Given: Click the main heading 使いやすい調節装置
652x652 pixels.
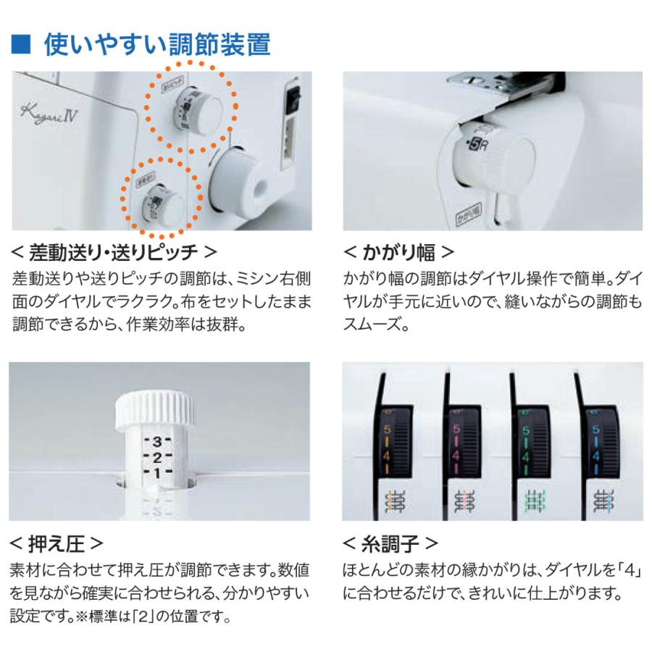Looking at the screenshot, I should click(157, 46).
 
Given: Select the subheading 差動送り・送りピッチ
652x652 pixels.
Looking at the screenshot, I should click(114, 252).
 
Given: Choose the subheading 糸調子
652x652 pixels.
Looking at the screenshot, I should click(390, 542).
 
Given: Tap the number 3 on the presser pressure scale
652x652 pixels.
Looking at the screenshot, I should click(156, 441).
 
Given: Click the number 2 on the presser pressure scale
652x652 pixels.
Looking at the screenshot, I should click(156, 457).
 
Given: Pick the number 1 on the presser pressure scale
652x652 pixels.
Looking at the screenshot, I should click(156, 473).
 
